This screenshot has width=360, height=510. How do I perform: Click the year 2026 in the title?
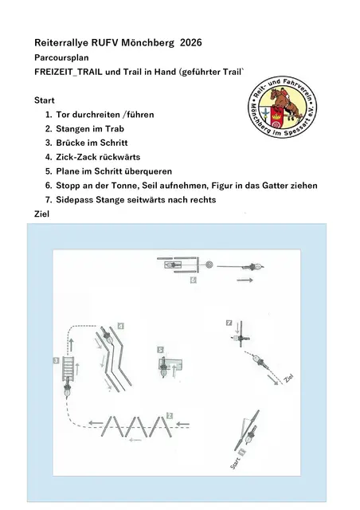tap(191, 42)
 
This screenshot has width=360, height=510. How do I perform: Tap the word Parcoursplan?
tap(61, 57)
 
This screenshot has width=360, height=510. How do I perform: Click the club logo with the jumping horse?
tap(282, 107)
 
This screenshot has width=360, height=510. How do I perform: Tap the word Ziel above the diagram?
tap(42, 214)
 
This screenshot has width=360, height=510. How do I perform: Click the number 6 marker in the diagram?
tap(194, 280)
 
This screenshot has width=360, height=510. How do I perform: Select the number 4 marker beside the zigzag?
tap(120, 326)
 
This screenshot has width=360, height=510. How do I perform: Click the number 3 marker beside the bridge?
tap(56, 360)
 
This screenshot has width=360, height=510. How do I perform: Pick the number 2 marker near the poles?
tap(170, 416)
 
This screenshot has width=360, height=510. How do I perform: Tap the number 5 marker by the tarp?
tap(160, 350)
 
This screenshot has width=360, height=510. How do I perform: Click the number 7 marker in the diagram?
tap(229, 323)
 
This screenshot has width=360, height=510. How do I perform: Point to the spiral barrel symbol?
tap(209, 264)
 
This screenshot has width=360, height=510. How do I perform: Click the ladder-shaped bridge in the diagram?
tap(68, 368)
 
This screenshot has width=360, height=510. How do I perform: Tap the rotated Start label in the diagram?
tap(235, 463)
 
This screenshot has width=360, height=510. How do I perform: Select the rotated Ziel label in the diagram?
tap(288, 378)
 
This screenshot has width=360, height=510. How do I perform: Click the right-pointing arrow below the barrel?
tap(245, 280)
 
